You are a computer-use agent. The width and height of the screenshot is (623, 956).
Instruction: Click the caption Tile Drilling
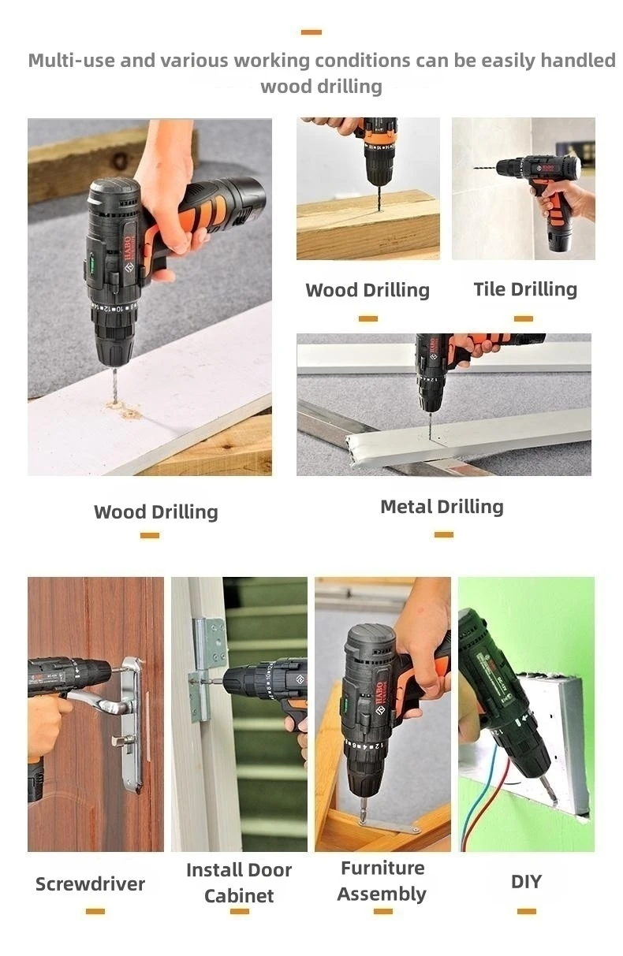coord(525,289)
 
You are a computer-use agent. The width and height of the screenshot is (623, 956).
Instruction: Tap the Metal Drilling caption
coord(442,507)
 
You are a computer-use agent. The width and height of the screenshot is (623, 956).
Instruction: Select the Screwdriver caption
coord(90,883)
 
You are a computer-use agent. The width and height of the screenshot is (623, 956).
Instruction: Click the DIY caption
coord(526,881)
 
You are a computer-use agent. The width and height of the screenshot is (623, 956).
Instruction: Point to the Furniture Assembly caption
coord(382,881)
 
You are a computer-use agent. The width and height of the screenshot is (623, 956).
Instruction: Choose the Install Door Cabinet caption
coord(239,883)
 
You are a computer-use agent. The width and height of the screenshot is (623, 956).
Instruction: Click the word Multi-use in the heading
coord(72,61)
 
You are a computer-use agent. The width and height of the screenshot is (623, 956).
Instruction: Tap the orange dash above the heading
coord(311,32)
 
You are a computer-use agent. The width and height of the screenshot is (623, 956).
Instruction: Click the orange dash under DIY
coord(527,912)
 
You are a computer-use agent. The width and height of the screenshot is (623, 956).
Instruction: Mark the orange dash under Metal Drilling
coord(444,535)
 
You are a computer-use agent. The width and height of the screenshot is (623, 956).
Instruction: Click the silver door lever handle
coord(103,697)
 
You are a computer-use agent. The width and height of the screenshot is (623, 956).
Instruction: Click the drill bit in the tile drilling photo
coord(484,168)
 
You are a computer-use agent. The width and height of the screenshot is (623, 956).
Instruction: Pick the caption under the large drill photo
coord(155,511)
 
